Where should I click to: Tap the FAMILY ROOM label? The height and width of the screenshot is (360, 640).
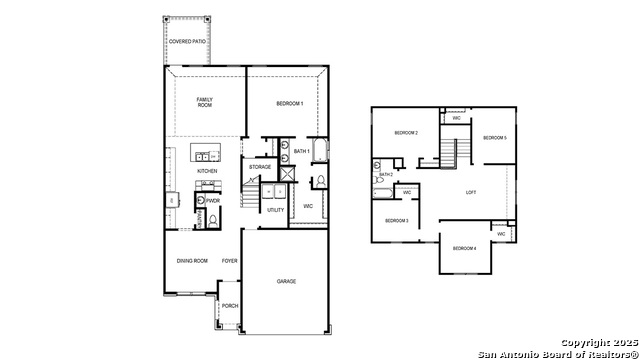tap(205, 102)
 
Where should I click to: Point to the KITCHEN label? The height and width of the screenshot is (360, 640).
tap(207, 171)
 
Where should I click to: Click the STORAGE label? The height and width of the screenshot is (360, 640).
tap(260, 167)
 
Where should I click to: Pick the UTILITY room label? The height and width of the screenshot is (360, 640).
tap(275, 210)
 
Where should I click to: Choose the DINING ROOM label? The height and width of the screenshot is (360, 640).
tap(192, 261)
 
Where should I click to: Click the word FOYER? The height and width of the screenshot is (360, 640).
tap(229, 261)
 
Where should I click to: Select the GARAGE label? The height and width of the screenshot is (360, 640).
tap(286, 282)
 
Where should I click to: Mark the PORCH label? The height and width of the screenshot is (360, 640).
tap(229, 306)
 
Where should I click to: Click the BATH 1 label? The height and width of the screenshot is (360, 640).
tap(301, 151)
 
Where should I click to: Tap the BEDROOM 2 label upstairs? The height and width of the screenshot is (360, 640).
tap(405, 133)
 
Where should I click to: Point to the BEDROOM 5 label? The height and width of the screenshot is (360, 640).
tap(495, 137)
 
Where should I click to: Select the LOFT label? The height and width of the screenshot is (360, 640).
tap(471, 192)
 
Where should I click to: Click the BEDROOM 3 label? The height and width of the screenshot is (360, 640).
tap(397, 220)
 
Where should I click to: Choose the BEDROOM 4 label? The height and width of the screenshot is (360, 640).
tap(464, 248)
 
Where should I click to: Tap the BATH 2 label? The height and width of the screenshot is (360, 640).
tap(386, 174)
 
